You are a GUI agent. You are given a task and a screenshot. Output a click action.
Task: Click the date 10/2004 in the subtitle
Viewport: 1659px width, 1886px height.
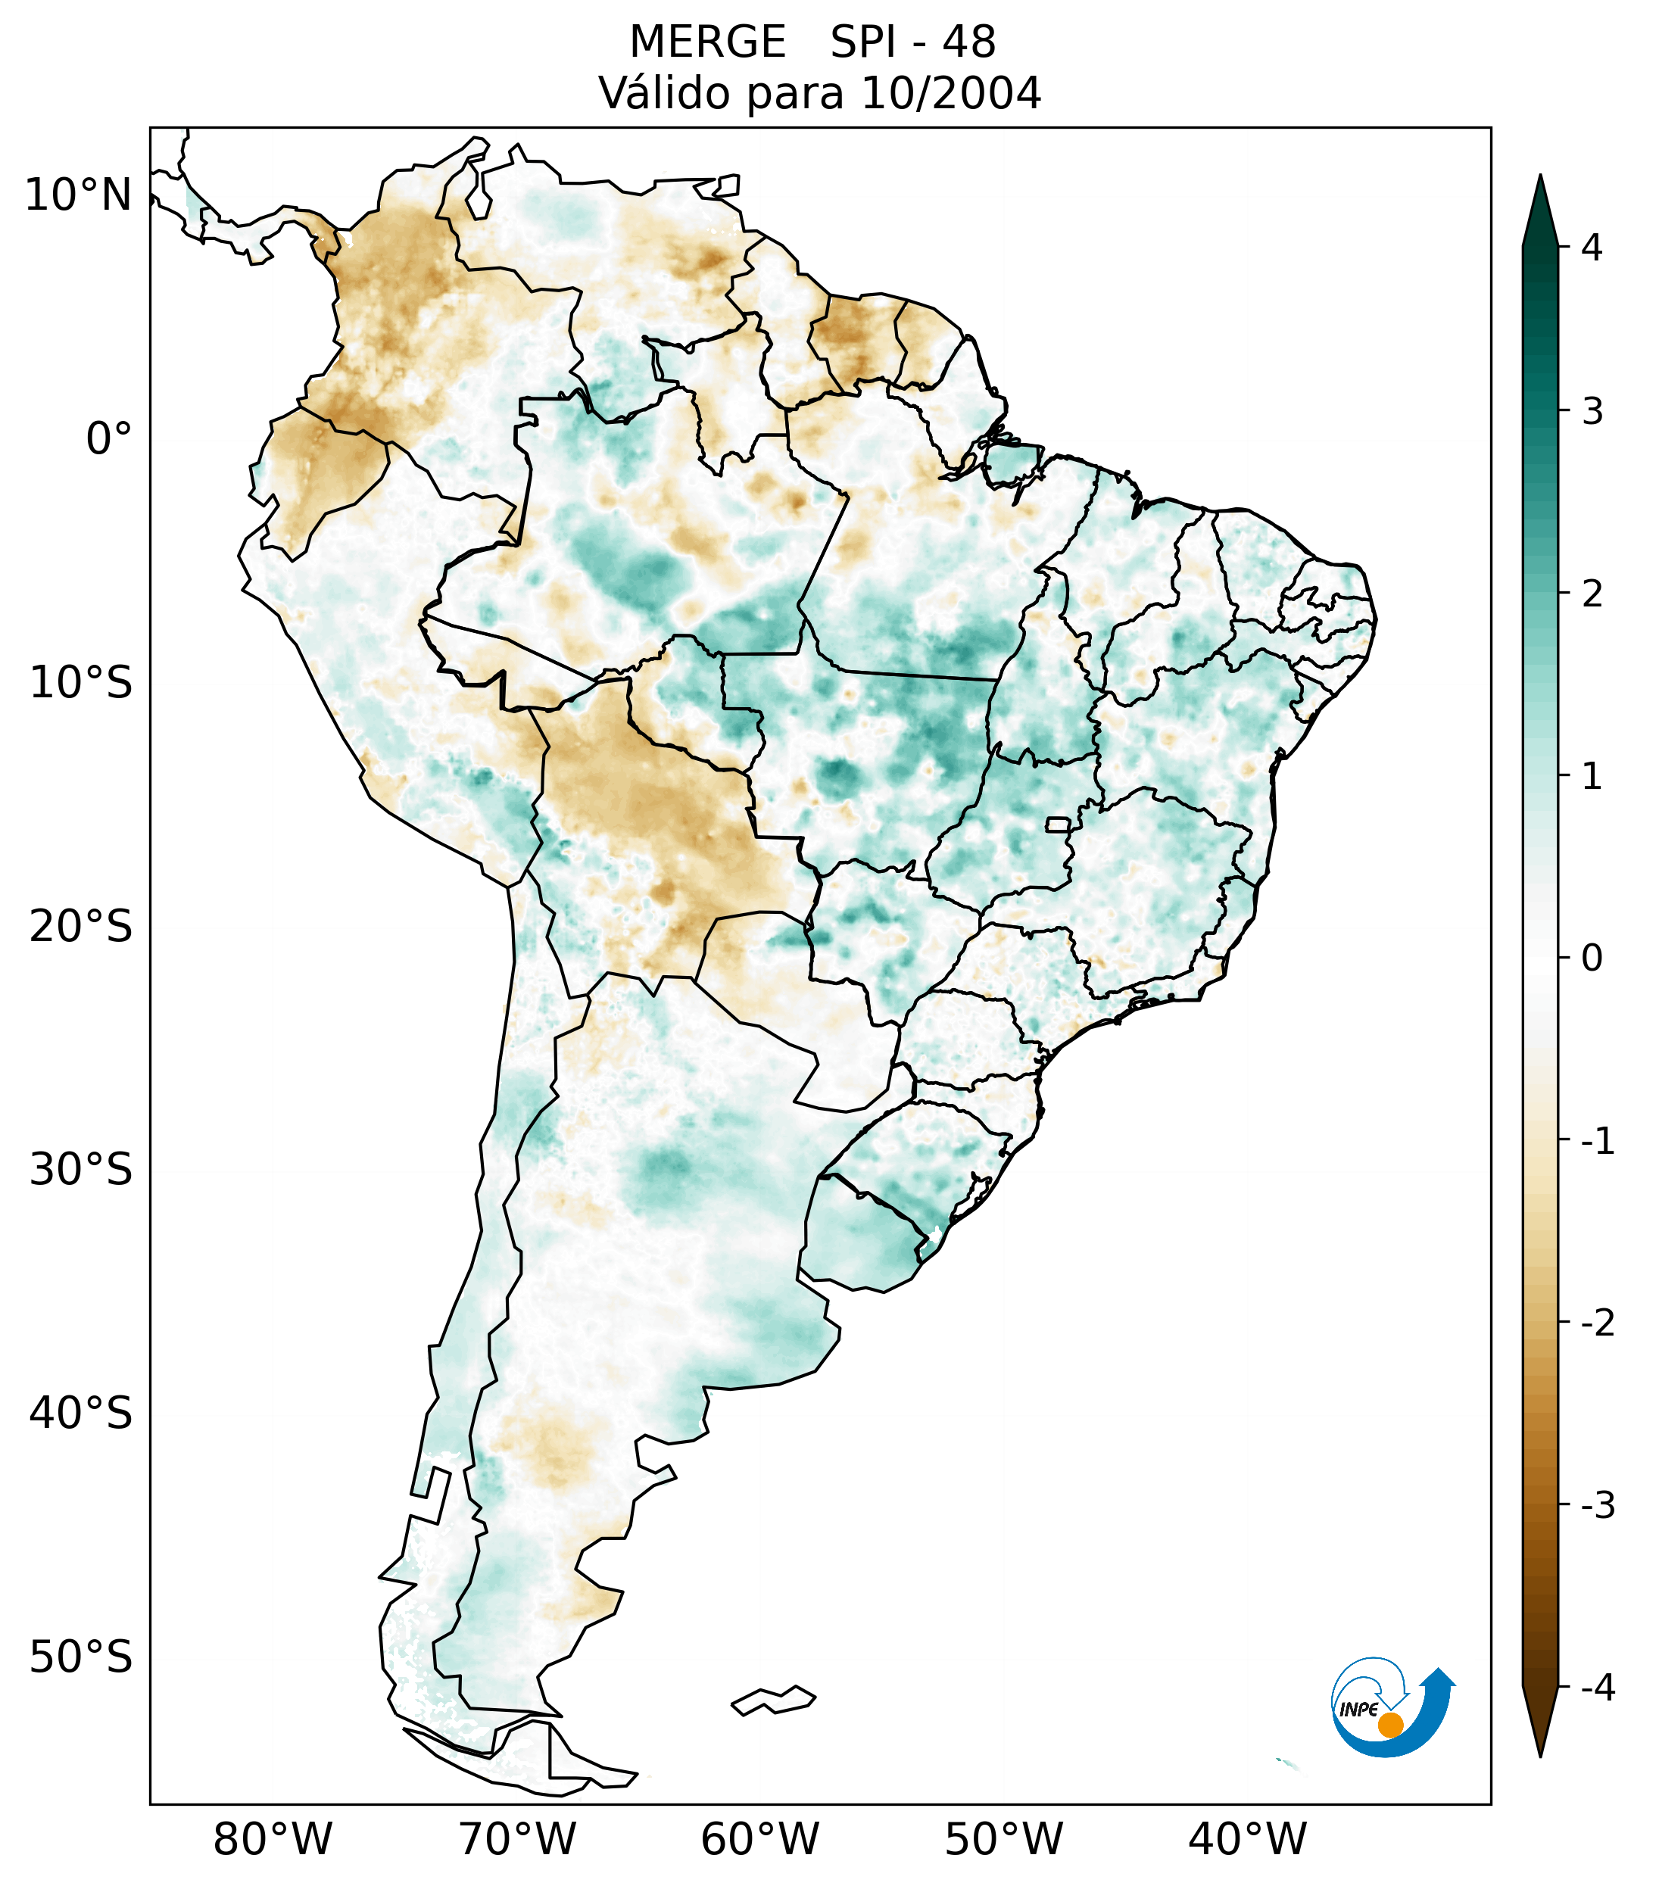pos(950,93)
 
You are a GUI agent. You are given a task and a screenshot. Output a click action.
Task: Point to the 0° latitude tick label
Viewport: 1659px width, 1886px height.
pos(109,439)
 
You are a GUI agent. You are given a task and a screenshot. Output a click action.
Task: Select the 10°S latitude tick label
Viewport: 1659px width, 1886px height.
pos(81,684)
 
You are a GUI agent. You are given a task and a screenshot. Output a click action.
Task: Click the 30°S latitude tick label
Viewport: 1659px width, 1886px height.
pos(81,1170)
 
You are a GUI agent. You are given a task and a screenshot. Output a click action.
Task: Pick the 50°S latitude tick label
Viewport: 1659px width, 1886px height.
pos(81,1658)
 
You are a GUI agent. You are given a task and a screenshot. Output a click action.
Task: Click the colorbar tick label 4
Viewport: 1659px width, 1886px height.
pos(1592,248)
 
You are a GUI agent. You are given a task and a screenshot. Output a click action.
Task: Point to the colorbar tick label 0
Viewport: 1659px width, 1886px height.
pos(1592,959)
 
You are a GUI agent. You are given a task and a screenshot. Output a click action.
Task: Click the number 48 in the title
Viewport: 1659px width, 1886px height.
pos(969,42)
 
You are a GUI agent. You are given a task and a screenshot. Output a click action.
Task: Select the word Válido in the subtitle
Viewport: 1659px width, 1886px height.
pos(666,93)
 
